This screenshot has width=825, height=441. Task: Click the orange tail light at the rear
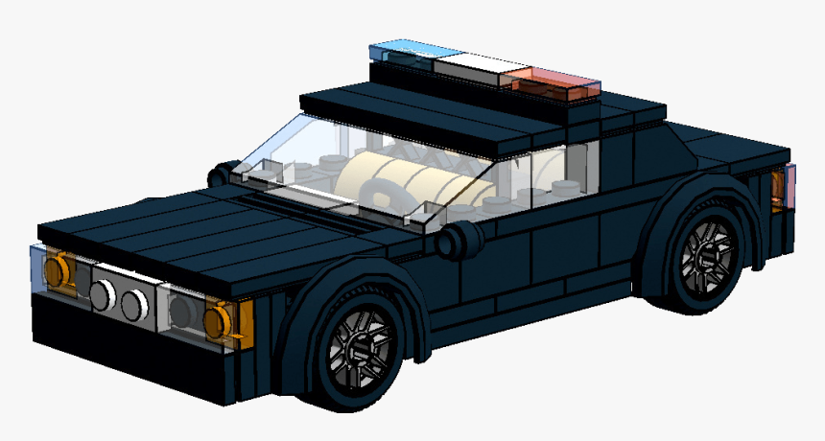pos(780,189)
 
